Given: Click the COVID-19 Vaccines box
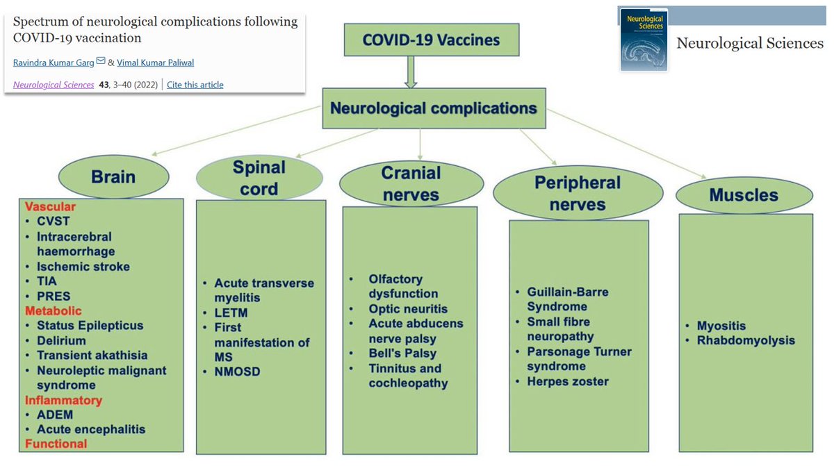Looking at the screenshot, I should (x=431, y=40).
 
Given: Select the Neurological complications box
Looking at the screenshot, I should (x=433, y=108).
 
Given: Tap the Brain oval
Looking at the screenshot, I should (x=113, y=176).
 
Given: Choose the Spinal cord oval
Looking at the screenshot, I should (x=259, y=178).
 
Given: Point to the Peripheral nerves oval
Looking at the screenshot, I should (x=577, y=193).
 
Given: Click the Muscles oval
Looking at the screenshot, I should (x=744, y=195).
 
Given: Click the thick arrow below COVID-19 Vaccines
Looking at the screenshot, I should (x=411, y=72).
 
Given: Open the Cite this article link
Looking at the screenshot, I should (x=195, y=85).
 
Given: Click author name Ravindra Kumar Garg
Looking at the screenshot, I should (x=54, y=63).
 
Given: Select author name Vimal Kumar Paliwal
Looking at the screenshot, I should (x=155, y=63).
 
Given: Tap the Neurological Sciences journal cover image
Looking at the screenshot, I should (x=644, y=40).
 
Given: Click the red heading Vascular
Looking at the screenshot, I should (x=50, y=207).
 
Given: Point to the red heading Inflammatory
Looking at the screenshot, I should (x=63, y=400).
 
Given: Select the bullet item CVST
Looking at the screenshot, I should (x=54, y=222).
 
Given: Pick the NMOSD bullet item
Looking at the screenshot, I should (x=237, y=372).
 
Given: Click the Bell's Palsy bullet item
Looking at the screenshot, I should (x=402, y=353).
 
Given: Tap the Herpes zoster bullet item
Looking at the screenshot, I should (x=568, y=381).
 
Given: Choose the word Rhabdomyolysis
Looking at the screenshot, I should (x=746, y=340).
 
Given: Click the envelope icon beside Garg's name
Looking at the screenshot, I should (x=101, y=62).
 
